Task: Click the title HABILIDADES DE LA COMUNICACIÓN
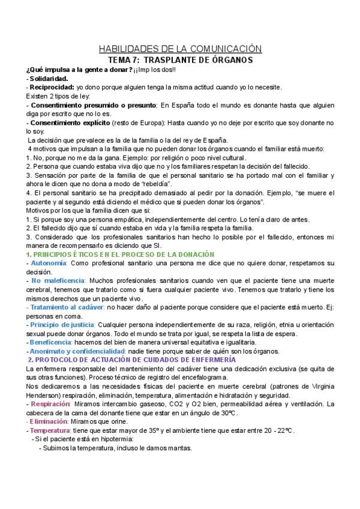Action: pos(179,49)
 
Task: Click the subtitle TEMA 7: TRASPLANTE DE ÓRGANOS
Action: pos(179,60)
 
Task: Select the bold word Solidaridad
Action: pos(49,78)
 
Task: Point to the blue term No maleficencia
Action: pos(58,282)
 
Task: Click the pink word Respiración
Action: pos(51,404)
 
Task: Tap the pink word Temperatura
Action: pos(52,430)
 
